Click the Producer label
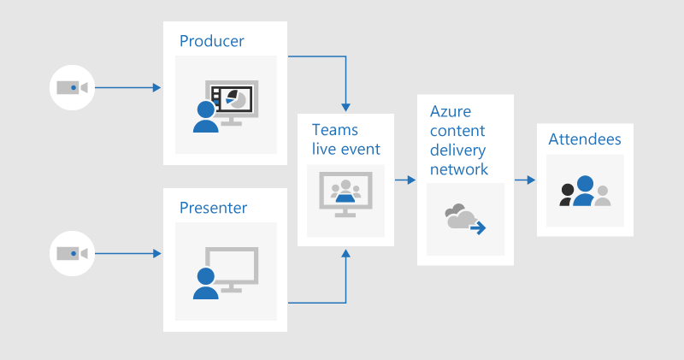tap(211, 41)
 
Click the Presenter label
tap(213, 208)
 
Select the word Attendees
tap(585, 139)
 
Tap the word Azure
tap(450, 112)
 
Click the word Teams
tap(334, 130)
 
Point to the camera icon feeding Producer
tap(73, 87)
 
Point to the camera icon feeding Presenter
tap(73, 253)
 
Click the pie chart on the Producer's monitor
tap(239, 99)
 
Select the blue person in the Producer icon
tap(205, 117)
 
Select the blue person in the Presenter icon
tap(205, 283)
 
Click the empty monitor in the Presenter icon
tap(233, 266)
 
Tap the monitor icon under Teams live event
tap(345, 193)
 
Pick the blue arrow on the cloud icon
tap(479, 227)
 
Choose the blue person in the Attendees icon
tap(584, 191)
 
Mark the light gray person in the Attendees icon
tap(603, 196)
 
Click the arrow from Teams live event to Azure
tap(405, 180)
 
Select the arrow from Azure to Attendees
tap(525, 180)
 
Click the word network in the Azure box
tap(459, 168)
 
